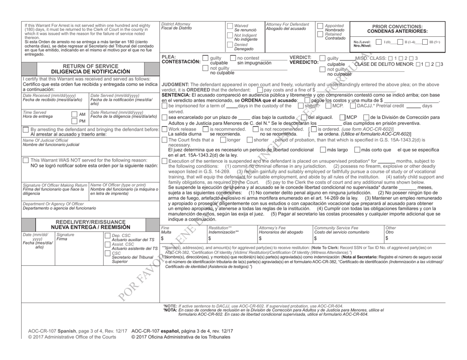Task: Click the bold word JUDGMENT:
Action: pos(175,84)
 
